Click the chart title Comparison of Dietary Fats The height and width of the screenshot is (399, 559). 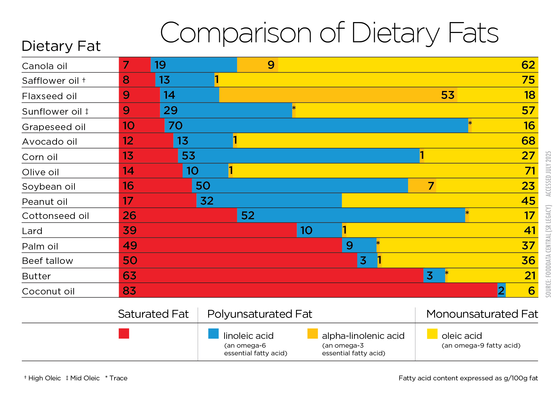[x=329, y=33]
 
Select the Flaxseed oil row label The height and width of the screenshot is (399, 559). [x=49, y=96]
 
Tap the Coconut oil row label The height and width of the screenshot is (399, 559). [x=48, y=291]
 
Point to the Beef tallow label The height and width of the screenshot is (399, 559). [x=47, y=261]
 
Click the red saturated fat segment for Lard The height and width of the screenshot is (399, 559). [x=208, y=230]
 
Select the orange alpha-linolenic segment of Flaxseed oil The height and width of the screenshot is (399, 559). [x=338, y=95]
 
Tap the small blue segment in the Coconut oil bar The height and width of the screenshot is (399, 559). [x=502, y=290]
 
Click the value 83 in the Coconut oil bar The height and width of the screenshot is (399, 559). [x=129, y=291]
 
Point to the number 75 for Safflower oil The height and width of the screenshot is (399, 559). [x=528, y=80]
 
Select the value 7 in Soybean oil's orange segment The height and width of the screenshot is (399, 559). [x=431, y=186]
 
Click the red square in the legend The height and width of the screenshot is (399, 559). [x=124, y=334]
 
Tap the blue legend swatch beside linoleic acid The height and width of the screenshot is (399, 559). [x=213, y=334]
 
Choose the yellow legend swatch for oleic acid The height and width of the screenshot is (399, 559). [x=432, y=334]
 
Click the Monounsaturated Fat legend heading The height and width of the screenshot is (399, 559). [x=482, y=314]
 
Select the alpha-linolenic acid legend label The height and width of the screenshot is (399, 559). [x=363, y=336]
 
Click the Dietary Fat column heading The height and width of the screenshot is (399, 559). [x=61, y=46]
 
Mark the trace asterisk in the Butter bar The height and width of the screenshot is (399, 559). [x=447, y=273]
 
